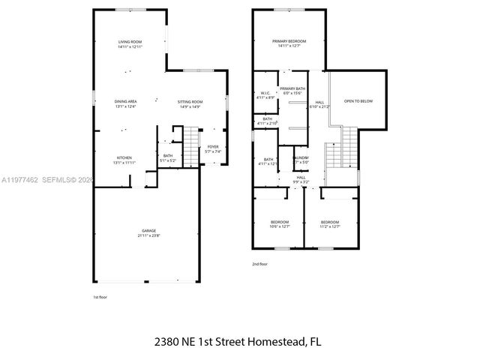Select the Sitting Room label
click(190, 103)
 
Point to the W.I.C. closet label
click(266, 95)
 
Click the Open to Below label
click(358, 100)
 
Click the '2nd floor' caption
click(259, 264)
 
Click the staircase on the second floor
click(334, 154)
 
